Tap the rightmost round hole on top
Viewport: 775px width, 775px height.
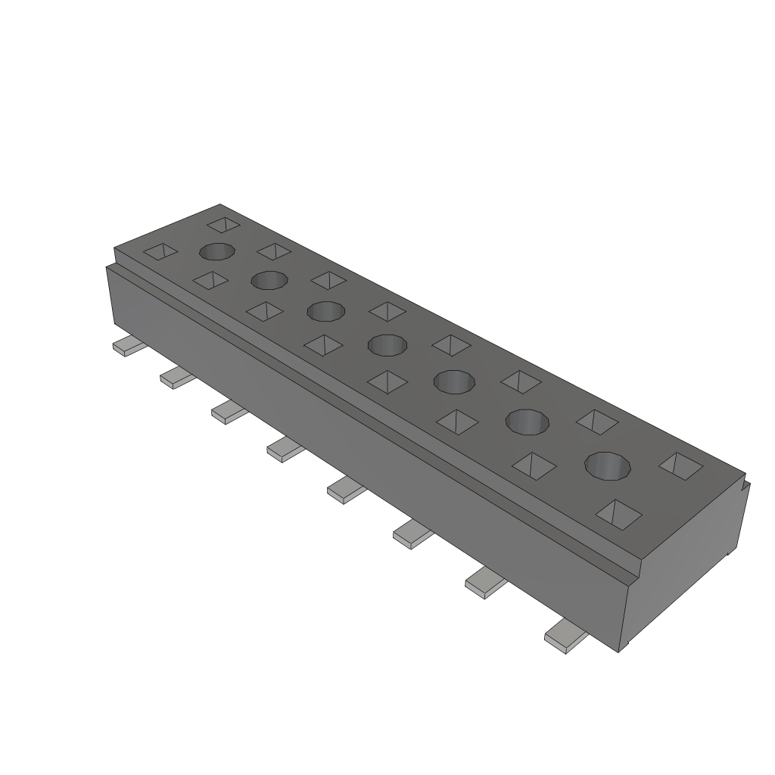pyautogui.click(x=608, y=465)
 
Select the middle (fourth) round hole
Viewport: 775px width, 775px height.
pyautogui.click(x=387, y=346)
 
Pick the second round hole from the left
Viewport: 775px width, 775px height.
pyautogui.click(x=269, y=281)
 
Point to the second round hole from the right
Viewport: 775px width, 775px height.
pyautogui.click(x=528, y=422)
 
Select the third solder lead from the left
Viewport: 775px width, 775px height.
pyautogui.click(x=227, y=412)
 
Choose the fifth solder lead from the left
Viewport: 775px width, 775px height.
pyautogui.click(x=344, y=490)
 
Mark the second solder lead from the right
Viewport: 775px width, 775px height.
pyautogui.click(x=484, y=582)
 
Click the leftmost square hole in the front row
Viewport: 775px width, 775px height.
pyautogui.click(x=160, y=251)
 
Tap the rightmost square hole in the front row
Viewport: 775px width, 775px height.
pyautogui.click(x=619, y=514)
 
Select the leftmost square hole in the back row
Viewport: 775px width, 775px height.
pyautogui.click(x=223, y=225)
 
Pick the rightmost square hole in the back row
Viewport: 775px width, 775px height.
pyautogui.click(x=680, y=465)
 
